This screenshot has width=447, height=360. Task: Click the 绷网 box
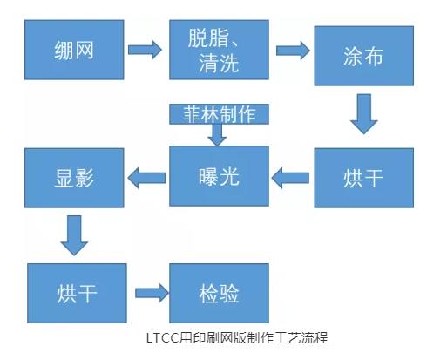(x=73, y=49)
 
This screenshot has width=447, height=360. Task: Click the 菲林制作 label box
(x=218, y=114)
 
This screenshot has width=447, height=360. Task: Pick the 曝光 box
(x=217, y=175)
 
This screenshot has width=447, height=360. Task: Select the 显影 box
(x=73, y=178)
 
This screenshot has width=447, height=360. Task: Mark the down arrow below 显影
(x=73, y=234)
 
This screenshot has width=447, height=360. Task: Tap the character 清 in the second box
(x=202, y=64)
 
